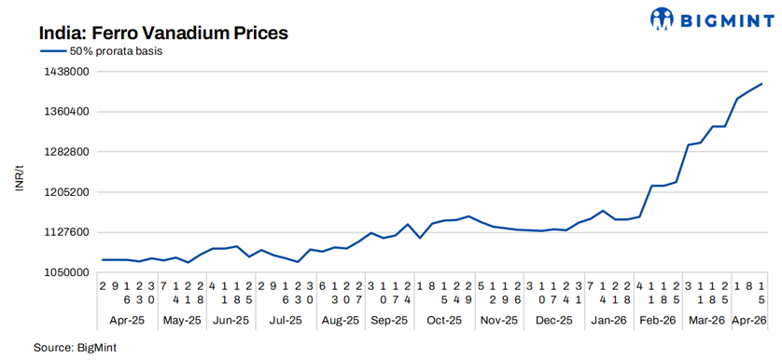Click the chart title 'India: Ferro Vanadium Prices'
click(x=163, y=33)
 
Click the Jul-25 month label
click(x=286, y=320)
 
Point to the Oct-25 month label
click(x=445, y=320)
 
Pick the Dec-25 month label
click(x=553, y=320)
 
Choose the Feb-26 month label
click(x=657, y=320)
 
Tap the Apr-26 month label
click(x=749, y=320)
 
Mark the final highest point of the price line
click(x=762, y=84)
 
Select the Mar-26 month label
click(x=706, y=320)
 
